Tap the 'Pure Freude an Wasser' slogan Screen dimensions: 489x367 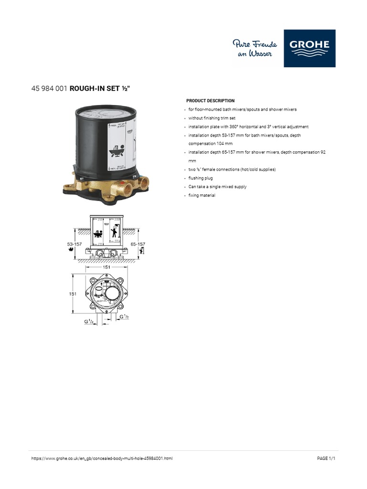pyautogui.click(x=255, y=49)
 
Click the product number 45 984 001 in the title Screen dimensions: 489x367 pyautogui.click(x=49, y=88)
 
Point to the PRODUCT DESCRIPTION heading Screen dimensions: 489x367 pyautogui.click(x=210, y=101)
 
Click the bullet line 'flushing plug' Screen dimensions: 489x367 pyautogui.click(x=201, y=178)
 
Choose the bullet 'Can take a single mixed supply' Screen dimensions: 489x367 pyautogui.click(x=217, y=187)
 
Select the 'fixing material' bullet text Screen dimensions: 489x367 pyautogui.click(x=202, y=195)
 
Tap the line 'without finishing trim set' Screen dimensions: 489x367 pyautogui.click(x=212, y=118)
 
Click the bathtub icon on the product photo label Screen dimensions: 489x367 pyautogui.click(x=115, y=153)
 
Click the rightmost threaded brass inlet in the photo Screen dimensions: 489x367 pyautogui.click(x=143, y=182)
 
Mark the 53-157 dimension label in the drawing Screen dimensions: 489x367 pyautogui.click(x=75, y=244)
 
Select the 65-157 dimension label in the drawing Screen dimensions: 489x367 pyautogui.click(x=138, y=244)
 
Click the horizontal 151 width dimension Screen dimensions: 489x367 pyautogui.click(x=106, y=268)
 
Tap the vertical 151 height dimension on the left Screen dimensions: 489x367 pyautogui.click(x=72, y=294)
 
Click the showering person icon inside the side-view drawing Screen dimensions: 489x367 pyautogui.click(x=114, y=233)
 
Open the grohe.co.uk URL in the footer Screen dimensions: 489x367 pyautogui.click(x=102, y=458)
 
